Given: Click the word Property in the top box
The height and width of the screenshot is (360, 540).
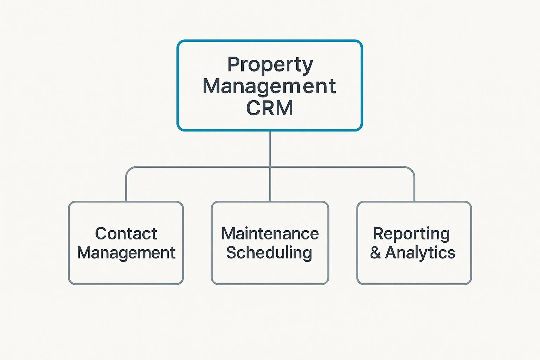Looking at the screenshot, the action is (x=270, y=65).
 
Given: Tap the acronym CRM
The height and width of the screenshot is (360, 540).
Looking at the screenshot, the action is (x=270, y=108).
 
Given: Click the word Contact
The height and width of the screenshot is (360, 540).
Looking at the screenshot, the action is (x=126, y=234).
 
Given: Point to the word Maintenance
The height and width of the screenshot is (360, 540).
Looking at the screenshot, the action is (x=270, y=234).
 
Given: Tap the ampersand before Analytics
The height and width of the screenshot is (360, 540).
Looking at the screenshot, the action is (x=375, y=253).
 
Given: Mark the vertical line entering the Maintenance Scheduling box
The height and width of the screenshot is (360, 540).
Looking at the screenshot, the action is (x=270, y=184).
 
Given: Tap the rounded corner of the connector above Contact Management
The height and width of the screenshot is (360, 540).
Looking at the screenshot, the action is (x=129, y=169).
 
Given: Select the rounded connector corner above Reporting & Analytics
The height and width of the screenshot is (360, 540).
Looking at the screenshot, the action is (x=412, y=169).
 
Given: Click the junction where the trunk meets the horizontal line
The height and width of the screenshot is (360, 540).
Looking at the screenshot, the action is (x=270, y=167).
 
